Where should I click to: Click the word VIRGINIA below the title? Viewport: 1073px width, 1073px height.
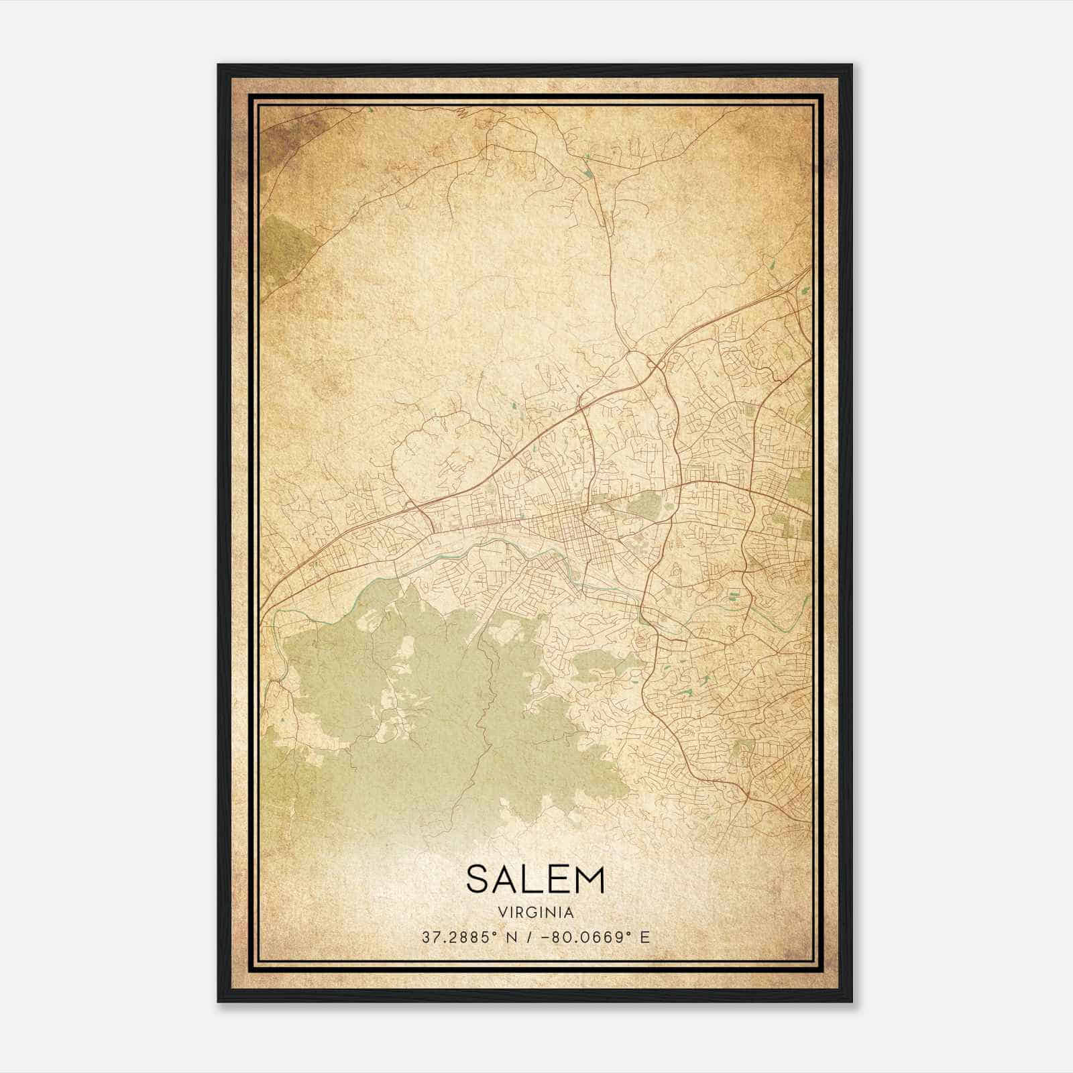pos(536,913)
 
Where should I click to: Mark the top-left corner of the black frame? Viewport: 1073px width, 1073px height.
pos(219,66)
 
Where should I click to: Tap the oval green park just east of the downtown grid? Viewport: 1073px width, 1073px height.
pos(644,504)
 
